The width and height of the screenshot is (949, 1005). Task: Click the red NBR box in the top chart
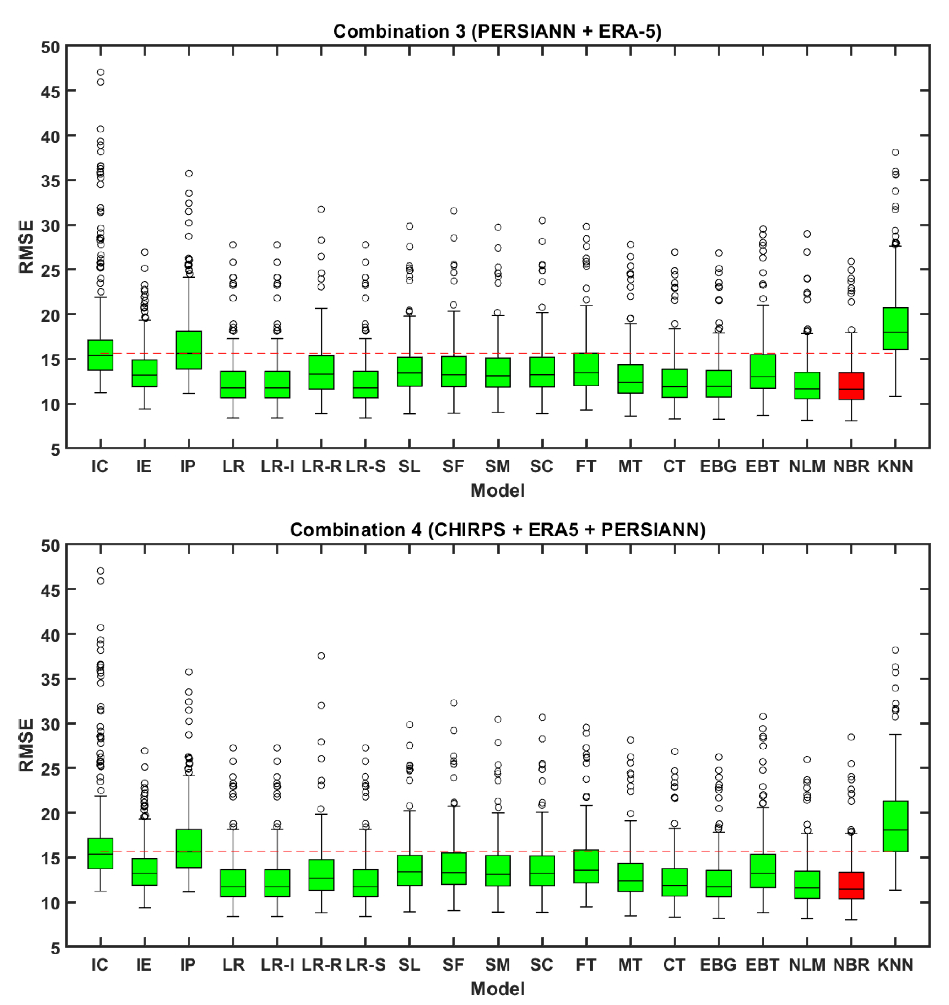(851, 386)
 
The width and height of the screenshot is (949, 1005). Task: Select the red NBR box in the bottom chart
(851, 885)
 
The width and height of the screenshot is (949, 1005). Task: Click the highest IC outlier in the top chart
(101, 72)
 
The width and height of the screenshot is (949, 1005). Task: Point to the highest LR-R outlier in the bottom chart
(321, 656)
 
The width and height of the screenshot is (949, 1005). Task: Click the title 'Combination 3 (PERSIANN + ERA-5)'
(497, 31)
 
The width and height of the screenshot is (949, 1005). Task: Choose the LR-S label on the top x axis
(366, 466)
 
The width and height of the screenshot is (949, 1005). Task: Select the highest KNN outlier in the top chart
(895, 152)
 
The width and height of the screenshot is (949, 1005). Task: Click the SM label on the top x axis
(498, 466)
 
